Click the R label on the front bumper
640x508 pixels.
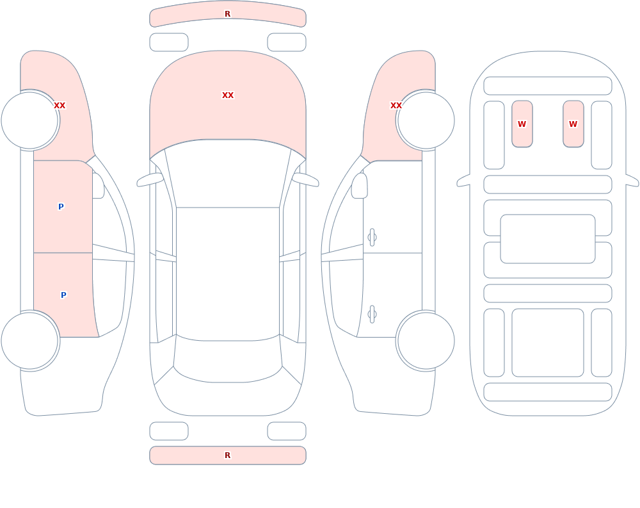pyautogui.click(x=228, y=14)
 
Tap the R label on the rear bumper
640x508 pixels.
pyautogui.click(x=228, y=455)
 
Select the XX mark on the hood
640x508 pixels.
pyautogui.click(x=228, y=95)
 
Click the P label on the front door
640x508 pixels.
pyautogui.click(x=61, y=207)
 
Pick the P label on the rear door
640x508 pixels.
pyautogui.click(x=63, y=295)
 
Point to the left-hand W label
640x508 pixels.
pyautogui.click(x=522, y=124)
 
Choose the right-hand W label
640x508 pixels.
pyautogui.click(x=573, y=124)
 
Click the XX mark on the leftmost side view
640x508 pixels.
pyautogui.click(x=60, y=106)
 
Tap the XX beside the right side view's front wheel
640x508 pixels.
pyautogui.click(x=396, y=106)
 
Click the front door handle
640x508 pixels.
pyautogui.click(x=372, y=238)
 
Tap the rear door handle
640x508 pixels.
pyautogui.click(x=372, y=315)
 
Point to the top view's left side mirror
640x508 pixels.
pyautogui.click(x=150, y=179)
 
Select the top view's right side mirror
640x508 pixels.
pyautogui.click(x=305, y=179)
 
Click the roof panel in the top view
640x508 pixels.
pyautogui.click(x=228, y=274)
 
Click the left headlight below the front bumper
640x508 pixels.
pyautogui.click(x=169, y=42)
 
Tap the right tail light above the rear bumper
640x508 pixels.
pyautogui.click(x=287, y=431)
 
